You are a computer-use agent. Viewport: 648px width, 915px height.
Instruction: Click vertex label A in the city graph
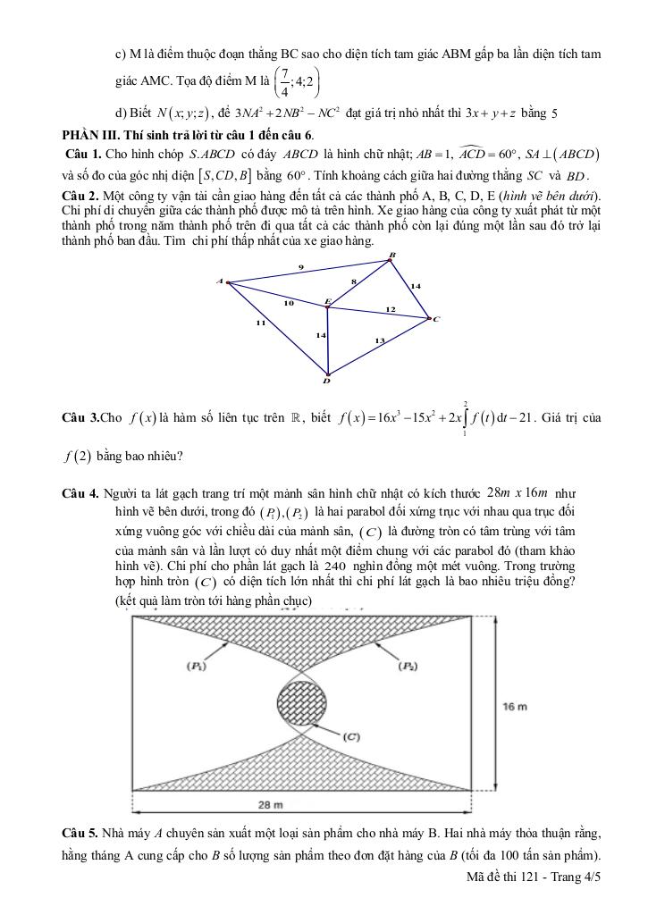click(x=219, y=281)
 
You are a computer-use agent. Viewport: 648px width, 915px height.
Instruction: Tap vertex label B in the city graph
click(x=391, y=256)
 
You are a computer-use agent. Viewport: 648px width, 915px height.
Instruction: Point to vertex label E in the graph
click(x=327, y=301)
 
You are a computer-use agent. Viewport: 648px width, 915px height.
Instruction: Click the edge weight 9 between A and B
click(x=300, y=267)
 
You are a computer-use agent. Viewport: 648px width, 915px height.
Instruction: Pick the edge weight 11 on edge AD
click(x=260, y=323)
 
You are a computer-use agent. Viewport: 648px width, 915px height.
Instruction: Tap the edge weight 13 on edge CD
click(x=379, y=340)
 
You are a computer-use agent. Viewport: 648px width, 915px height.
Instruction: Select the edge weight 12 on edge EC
click(x=390, y=309)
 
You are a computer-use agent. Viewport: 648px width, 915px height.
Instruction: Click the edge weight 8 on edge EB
click(x=354, y=281)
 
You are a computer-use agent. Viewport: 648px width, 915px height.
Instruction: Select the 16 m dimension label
click(x=515, y=707)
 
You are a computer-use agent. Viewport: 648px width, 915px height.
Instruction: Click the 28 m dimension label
click(x=270, y=805)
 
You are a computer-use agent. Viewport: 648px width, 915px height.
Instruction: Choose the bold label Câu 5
click(x=80, y=834)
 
